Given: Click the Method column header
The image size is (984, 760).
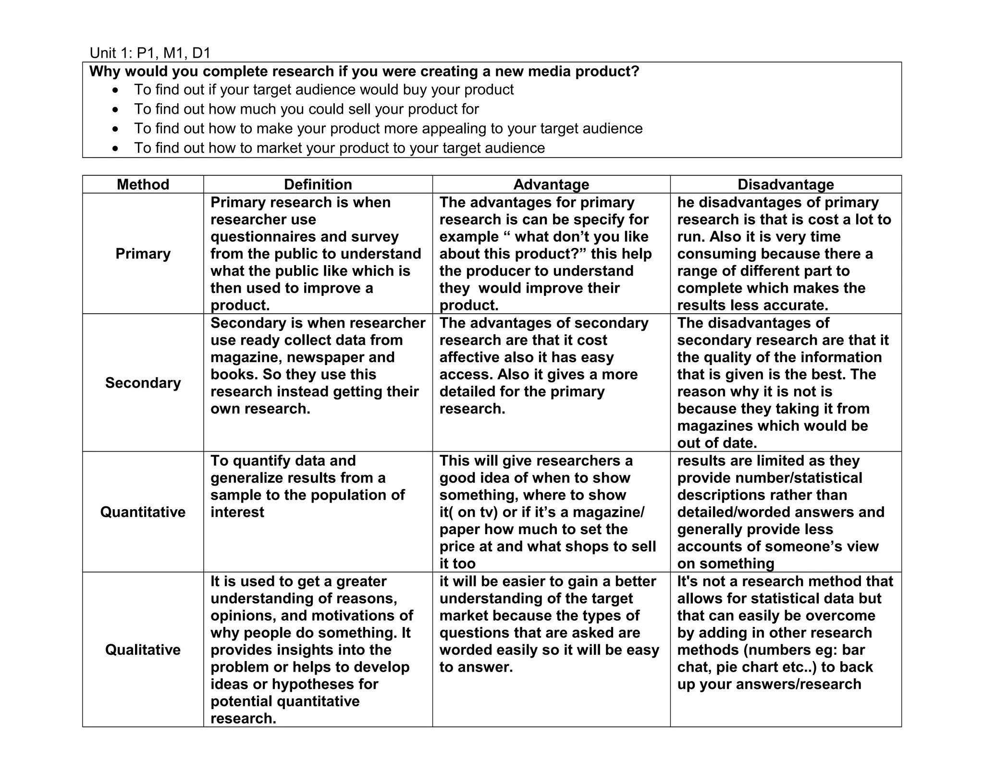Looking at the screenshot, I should point(143,184).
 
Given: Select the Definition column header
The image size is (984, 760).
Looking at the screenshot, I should point(318,184).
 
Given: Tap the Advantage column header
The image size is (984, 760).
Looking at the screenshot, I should point(551,184).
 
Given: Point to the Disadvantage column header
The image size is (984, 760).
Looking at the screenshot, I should point(786,184).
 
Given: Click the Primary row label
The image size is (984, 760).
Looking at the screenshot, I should point(143,254).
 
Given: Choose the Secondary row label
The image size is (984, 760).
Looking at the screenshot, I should point(143,383).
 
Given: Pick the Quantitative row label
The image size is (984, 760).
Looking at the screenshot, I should point(143,512).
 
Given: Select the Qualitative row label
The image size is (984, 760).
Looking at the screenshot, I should point(143,650).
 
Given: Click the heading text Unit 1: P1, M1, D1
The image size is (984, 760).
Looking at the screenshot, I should point(150,53).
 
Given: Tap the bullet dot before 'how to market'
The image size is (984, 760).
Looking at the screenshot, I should point(115,148).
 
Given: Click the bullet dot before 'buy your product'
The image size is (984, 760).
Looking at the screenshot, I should point(115,90).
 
